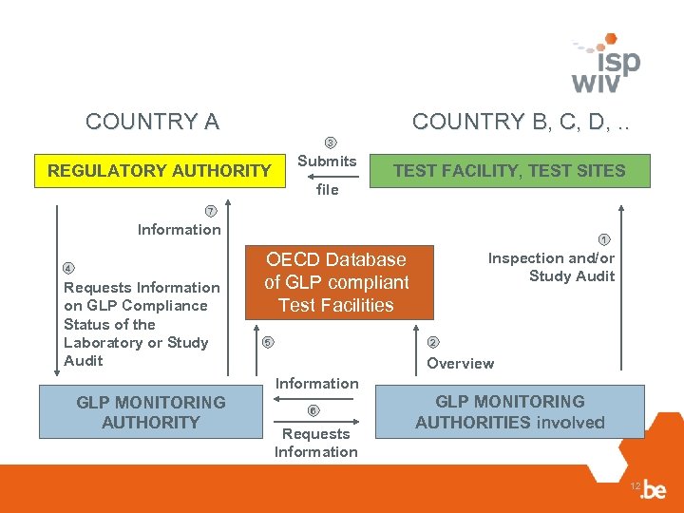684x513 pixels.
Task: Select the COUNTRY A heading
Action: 152,122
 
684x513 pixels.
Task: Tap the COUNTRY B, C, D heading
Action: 522,122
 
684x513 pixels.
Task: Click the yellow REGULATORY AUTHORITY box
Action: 159,171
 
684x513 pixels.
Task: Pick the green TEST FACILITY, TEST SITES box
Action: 509,171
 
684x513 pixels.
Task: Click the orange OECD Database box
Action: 335,282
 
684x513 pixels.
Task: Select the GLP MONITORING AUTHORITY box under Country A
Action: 151,412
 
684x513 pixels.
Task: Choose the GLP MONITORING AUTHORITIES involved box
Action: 509,411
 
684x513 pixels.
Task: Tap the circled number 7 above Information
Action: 211,210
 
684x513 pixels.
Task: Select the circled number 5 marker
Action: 268,342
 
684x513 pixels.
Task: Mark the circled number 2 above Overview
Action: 433,342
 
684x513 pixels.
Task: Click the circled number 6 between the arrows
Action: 314,410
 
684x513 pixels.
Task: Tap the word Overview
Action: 460,363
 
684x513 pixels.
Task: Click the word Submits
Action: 327,161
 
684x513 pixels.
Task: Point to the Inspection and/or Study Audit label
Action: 552,267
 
